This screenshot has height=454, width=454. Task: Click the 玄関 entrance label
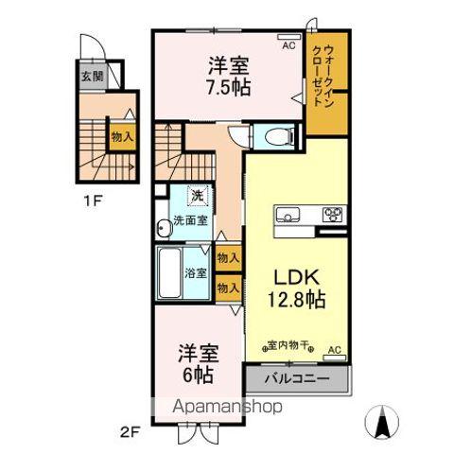(92, 78)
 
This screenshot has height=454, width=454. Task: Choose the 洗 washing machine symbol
(197, 196)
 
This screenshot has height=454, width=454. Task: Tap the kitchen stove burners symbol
(332, 213)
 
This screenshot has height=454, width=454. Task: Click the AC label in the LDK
(333, 351)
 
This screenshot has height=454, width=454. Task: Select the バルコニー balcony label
(297, 379)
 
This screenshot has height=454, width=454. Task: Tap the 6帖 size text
(198, 373)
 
